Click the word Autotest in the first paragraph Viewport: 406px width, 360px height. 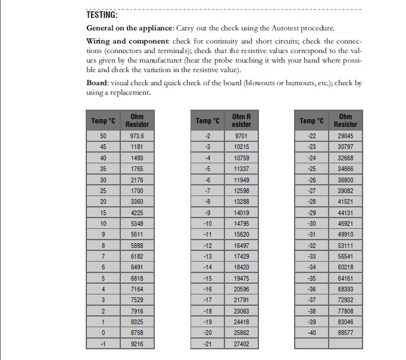pyautogui.click(x=275, y=28)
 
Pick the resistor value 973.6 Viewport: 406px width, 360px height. pyautogui.click(x=137, y=135)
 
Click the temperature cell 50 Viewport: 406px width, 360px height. pyautogui.click(x=103, y=135)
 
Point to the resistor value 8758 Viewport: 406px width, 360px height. pyautogui.click(x=137, y=332)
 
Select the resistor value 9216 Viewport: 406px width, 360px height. pyautogui.click(x=137, y=343)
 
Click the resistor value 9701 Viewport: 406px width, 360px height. pyautogui.click(x=241, y=135)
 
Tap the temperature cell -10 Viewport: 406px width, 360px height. pyautogui.click(x=208, y=223)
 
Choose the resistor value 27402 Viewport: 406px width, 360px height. pyautogui.click(x=241, y=343)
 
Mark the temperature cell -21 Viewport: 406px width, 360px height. pyautogui.click(x=208, y=343)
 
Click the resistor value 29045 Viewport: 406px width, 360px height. pyautogui.click(x=345, y=135)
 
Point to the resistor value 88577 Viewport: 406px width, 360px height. pyautogui.click(x=345, y=332)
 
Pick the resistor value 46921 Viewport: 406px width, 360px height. pyautogui.click(x=345, y=223)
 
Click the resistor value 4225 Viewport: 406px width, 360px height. pyautogui.click(x=137, y=212)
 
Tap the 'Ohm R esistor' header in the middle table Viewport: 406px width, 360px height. pyautogui.click(x=241, y=120)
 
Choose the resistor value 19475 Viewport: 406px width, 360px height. pyautogui.click(x=241, y=278)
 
